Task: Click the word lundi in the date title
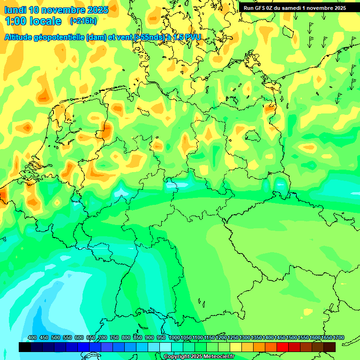point(15,10)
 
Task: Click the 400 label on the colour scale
point(32,338)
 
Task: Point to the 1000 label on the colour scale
point(174,338)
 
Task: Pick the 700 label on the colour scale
point(103,338)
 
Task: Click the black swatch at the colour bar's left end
point(25,347)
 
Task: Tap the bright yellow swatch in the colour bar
point(236,347)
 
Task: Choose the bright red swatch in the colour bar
point(283,347)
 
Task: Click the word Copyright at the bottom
point(176,357)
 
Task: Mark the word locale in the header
point(46,21)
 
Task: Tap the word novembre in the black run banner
point(323,8)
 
